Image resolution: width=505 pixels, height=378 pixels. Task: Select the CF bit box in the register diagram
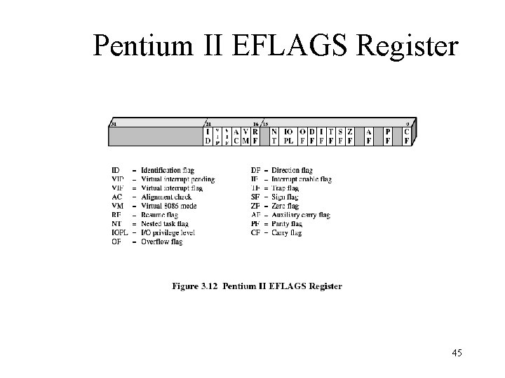(407, 136)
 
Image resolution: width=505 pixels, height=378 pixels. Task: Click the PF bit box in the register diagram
(388, 136)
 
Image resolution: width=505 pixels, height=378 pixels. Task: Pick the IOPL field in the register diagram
(288, 136)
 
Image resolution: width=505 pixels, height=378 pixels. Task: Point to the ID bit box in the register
(208, 136)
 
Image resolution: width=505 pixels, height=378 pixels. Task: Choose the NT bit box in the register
(274, 136)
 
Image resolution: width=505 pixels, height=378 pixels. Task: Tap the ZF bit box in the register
(349, 136)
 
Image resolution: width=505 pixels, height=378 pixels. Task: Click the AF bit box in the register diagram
(369, 136)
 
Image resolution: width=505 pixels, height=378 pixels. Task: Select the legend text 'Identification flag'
(167, 170)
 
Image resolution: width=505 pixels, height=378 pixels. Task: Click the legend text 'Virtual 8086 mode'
(168, 206)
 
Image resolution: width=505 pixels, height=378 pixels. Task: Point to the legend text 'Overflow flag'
(161, 242)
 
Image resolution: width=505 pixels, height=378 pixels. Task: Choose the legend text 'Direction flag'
(292, 170)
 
